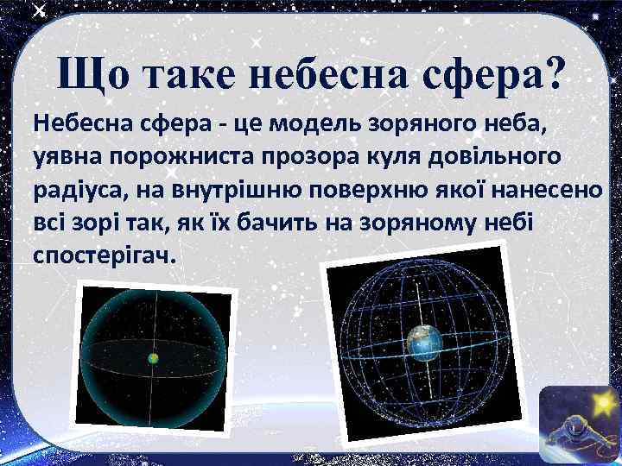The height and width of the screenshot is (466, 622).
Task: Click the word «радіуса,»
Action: click(x=78, y=189)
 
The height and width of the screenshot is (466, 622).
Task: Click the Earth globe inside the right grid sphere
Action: click(x=424, y=343)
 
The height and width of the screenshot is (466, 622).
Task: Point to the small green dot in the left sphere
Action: click(x=152, y=356)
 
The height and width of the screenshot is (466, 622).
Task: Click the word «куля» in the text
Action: click(x=390, y=159)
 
